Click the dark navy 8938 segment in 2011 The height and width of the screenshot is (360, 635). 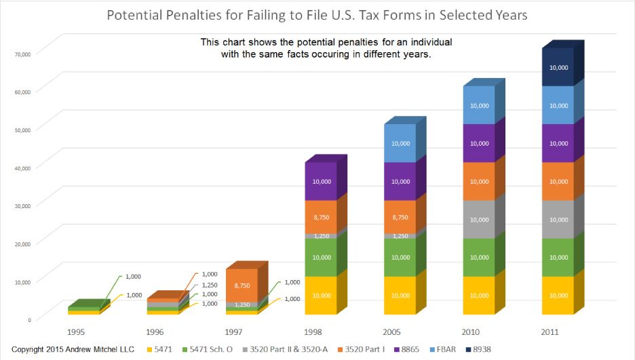pos(558,68)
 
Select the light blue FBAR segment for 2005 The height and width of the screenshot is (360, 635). pos(400,144)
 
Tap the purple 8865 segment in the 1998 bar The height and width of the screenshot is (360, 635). pos(321,182)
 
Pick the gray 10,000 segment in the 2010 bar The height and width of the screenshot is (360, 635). pos(479,220)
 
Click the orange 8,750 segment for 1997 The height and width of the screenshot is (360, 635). pos(242,286)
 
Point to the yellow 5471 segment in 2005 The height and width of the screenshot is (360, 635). pos(400,296)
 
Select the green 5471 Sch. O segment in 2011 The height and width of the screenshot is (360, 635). pos(558,258)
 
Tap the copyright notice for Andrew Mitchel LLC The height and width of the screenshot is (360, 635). pos(73,349)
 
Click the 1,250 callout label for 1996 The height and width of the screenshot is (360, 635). pos(210,285)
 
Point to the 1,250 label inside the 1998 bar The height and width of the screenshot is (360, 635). pos(321,236)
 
